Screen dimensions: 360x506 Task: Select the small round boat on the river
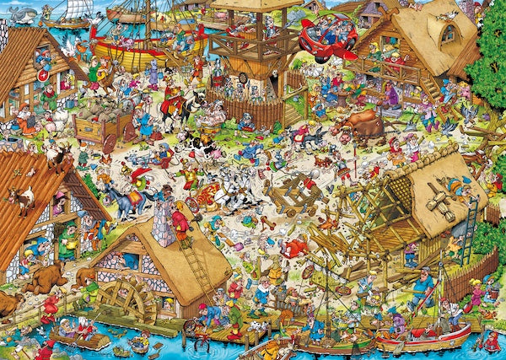(x=137, y=347)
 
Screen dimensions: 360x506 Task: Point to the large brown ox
(x=358, y=126)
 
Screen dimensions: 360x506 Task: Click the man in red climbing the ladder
(x=180, y=224)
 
